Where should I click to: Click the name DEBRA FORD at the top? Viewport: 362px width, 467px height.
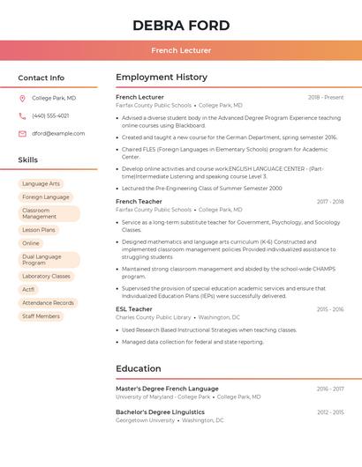(181, 26)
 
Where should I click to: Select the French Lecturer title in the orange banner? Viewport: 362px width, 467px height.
(181, 50)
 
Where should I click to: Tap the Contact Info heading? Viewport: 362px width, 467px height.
(41, 78)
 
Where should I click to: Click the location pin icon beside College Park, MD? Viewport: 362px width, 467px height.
(23, 98)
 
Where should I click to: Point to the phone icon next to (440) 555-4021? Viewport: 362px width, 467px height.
(23, 115)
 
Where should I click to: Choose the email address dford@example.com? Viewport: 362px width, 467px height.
(58, 133)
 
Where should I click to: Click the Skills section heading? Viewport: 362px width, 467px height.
(28, 159)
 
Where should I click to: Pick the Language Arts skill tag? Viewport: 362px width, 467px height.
(41, 183)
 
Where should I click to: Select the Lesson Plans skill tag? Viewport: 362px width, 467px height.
(39, 229)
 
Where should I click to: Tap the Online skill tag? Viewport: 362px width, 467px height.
(31, 243)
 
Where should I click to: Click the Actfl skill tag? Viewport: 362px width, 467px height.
(29, 289)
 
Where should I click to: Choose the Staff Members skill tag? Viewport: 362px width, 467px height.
(41, 315)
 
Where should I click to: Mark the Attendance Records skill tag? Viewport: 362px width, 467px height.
(48, 302)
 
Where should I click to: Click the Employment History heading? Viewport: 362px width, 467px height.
(162, 78)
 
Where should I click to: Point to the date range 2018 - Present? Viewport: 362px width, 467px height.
(326, 97)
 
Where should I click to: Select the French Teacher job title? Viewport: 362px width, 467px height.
(140, 202)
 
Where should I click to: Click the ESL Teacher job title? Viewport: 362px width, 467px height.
(134, 309)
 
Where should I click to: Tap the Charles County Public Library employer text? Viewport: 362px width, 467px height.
(154, 317)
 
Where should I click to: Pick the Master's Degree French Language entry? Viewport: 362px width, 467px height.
(167, 389)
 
